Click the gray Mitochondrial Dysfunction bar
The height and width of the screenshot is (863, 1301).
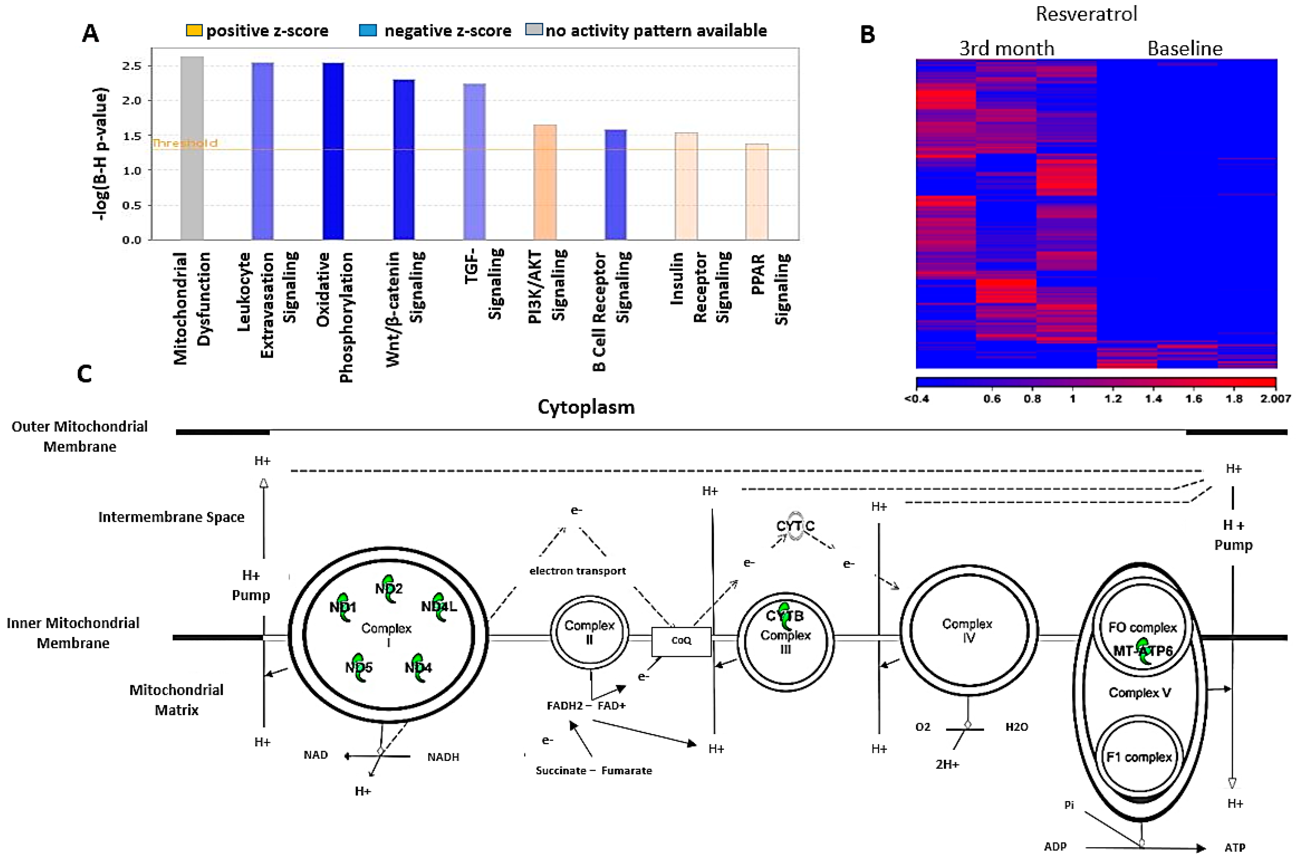[192, 148]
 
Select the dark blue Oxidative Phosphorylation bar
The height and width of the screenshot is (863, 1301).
[333, 151]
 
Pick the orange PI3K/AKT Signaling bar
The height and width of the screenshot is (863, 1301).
[544, 182]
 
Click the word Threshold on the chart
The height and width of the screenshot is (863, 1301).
[185, 143]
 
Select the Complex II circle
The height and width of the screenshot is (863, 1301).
[589, 632]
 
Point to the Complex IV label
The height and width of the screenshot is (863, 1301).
[967, 630]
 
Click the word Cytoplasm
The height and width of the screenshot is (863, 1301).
[586, 407]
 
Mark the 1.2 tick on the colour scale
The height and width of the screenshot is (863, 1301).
[1112, 398]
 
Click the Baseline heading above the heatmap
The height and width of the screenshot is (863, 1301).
[1184, 49]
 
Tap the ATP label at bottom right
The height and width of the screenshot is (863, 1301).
[1234, 847]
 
